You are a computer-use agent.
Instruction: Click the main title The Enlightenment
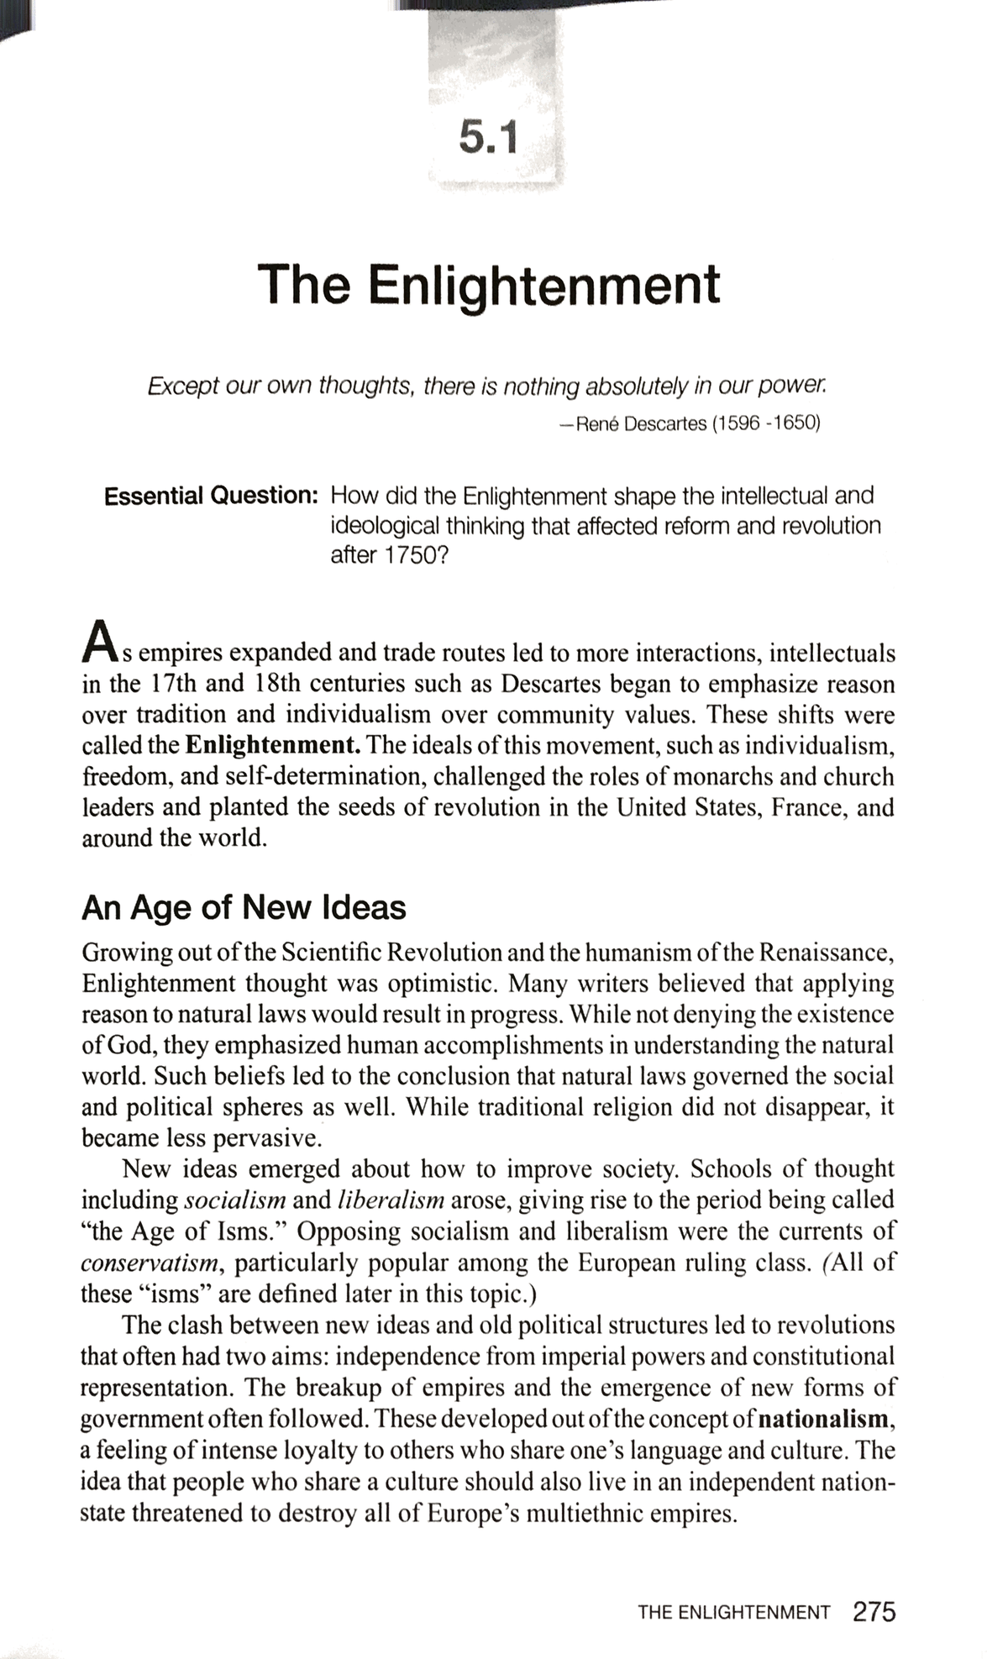click(x=489, y=286)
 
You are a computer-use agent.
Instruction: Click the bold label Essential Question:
click(x=210, y=496)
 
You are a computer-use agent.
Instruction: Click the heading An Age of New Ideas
click(x=244, y=908)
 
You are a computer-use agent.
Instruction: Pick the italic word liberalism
click(x=391, y=1200)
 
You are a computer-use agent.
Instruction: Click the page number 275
click(x=874, y=1612)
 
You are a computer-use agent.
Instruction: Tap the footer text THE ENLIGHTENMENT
click(x=733, y=1613)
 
